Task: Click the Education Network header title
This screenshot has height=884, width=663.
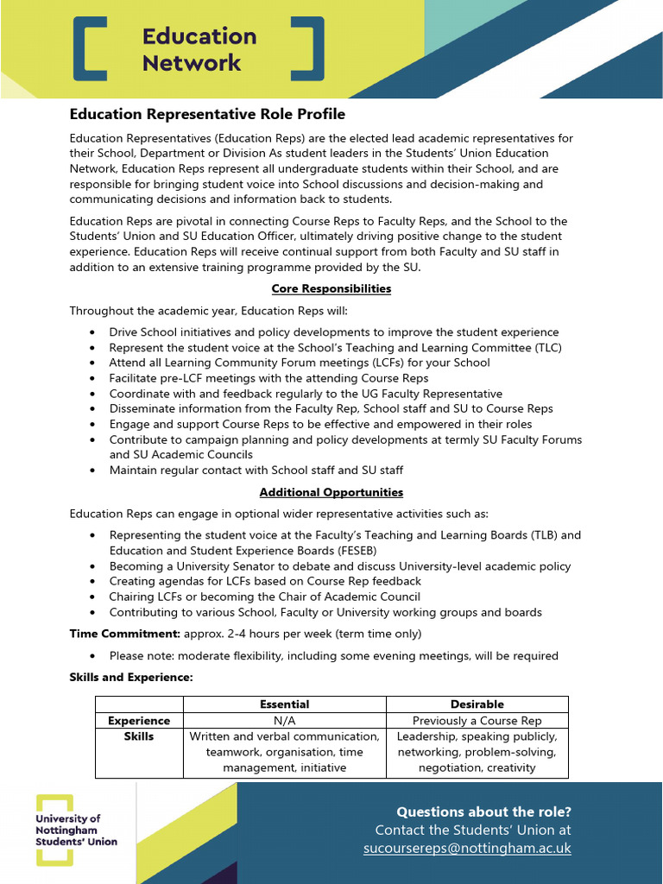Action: [x=199, y=49]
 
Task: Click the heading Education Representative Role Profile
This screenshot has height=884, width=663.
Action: [x=207, y=114]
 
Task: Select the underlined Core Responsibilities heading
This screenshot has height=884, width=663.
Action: [x=331, y=288]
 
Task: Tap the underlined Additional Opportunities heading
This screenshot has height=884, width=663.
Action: [x=331, y=492]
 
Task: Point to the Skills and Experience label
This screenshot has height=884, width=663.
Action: [x=131, y=678]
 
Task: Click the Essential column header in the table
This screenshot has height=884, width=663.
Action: [x=285, y=704]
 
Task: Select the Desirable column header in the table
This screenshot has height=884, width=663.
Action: [x=477, y=704]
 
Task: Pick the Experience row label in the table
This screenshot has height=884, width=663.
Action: [x=139, y=721]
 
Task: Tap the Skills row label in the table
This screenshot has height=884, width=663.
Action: [x=139, y=736]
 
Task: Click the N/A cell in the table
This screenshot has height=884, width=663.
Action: [x=285, y=721]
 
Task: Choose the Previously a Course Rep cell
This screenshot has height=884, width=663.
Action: [x=477, y=721]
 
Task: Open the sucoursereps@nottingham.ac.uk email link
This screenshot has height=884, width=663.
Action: [x=467, y=849]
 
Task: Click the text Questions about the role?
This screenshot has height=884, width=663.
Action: [x=483, y=811]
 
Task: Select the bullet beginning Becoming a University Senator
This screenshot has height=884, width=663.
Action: [x=340, y=566]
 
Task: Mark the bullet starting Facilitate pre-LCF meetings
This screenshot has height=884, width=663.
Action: [x=268, y=378]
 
